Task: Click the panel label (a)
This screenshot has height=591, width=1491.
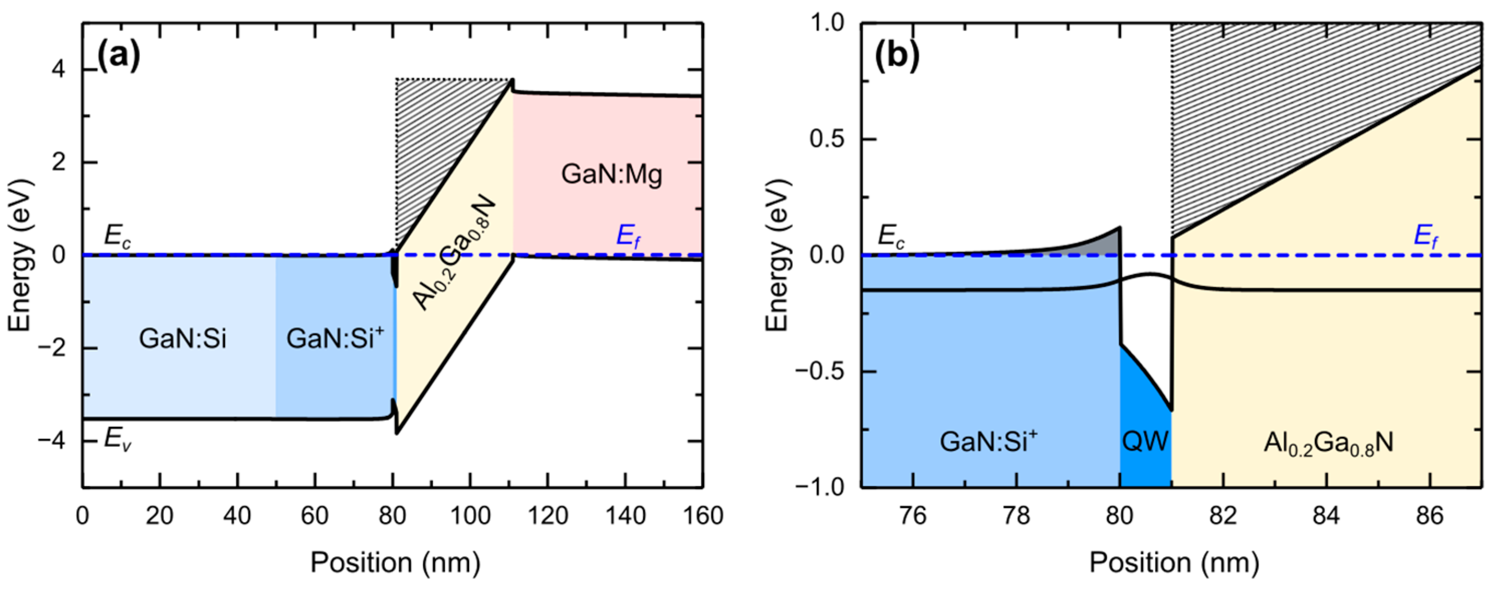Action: click(x=118, y=57)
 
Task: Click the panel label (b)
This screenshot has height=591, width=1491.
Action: click(x=896, y=57)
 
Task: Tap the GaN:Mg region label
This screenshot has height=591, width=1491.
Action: click(x=611, y=174)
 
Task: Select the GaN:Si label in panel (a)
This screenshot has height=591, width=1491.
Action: click(x=182, y=338)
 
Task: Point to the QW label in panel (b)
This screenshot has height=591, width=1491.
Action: click(x=1145, y=442)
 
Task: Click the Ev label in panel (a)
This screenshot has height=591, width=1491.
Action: click(x=118, y=440)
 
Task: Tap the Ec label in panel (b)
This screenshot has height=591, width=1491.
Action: click(x=891, y=236)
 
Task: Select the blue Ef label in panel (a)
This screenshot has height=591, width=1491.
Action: click(x=629, y=236)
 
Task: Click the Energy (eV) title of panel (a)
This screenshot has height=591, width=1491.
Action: click(x=20, y=255)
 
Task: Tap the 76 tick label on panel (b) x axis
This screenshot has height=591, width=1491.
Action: click(x=912, y=515)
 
